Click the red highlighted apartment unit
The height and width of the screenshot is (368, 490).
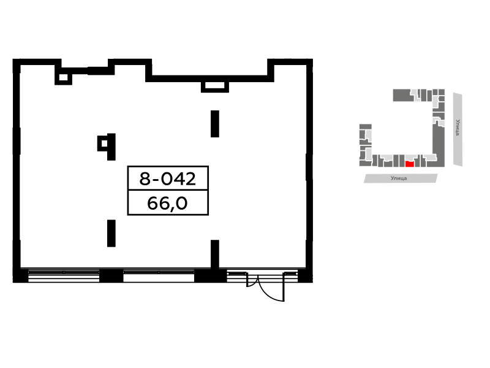click(410, 164)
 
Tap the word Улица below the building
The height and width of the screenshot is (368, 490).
click(399, 178)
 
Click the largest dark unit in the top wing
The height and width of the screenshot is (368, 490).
click(402, 95)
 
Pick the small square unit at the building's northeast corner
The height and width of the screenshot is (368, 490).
click(442, 92)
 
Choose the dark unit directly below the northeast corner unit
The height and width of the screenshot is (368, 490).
click(442, 99)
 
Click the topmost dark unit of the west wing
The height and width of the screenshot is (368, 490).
click(365, 126)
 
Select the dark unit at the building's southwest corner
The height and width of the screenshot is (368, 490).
click(364, 163)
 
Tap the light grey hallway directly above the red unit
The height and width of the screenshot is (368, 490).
click(411, 157)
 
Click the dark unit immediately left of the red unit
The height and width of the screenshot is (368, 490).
click(402, 161)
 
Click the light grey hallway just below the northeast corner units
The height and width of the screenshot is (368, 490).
click(435, 102)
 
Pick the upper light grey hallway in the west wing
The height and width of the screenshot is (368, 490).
click(369, 134)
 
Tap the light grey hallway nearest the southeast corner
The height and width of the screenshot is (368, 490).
click(430, 157)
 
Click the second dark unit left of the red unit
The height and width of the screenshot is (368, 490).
click(396, 161)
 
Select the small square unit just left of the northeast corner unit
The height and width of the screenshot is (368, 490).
click(435, 92)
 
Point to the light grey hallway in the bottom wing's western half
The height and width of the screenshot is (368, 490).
click(386, 157)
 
